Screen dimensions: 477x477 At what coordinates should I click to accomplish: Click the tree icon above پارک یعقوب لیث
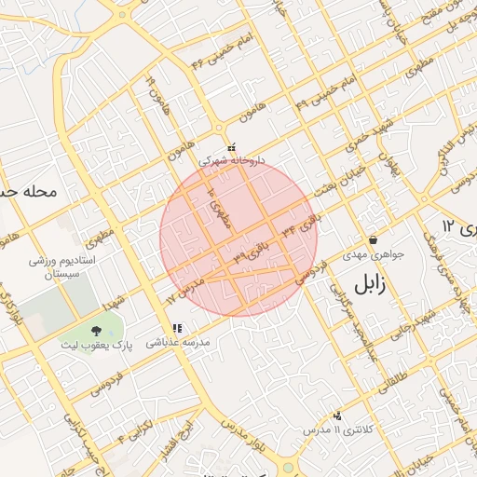point(96,330)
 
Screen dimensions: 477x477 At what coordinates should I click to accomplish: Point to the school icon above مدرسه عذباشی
point(177,328)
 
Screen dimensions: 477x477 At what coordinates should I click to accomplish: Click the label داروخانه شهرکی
point(233,160)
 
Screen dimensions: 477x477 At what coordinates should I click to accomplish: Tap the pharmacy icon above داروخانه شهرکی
point(231,146)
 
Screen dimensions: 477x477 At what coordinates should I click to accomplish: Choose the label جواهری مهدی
point(373,253)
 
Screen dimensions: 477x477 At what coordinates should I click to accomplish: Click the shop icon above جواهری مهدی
point(373,239)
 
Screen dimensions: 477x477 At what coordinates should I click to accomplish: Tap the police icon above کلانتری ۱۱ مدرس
point(336,416)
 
